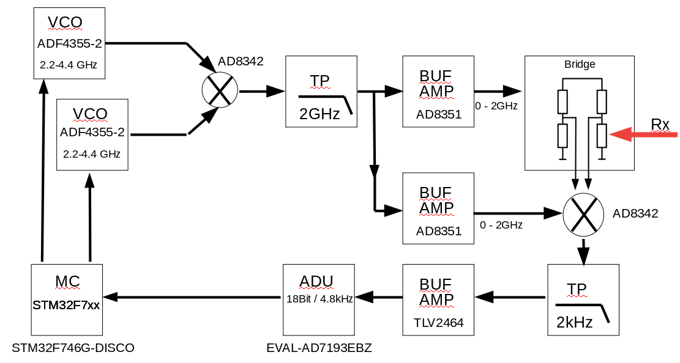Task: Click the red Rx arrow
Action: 643,135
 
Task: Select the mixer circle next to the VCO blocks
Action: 219,91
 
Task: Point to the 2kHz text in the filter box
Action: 574,322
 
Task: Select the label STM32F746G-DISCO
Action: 73,348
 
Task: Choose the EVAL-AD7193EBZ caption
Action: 319,348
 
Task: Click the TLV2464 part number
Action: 438,323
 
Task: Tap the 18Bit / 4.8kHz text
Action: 319,299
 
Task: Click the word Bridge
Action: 579,64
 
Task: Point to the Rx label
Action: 660,125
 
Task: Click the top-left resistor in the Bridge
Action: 563,101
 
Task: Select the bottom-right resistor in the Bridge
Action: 602,135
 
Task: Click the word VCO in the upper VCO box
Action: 65,23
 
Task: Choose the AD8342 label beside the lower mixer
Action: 635,214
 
